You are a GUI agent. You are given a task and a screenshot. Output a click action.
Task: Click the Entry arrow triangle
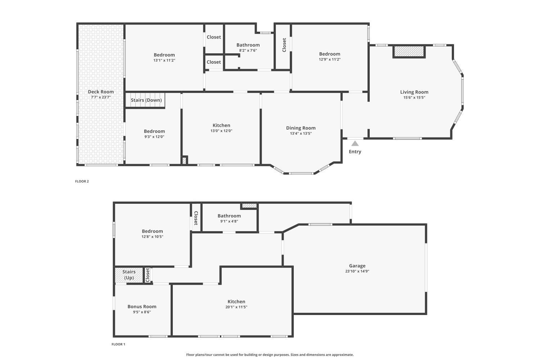355,144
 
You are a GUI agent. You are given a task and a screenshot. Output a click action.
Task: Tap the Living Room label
414,92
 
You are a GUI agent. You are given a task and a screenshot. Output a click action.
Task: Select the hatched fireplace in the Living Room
409,51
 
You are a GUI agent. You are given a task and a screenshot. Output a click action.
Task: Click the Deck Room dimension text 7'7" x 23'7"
101,97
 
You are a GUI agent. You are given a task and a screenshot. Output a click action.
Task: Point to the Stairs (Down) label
146,100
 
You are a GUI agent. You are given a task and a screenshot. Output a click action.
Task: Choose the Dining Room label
301,128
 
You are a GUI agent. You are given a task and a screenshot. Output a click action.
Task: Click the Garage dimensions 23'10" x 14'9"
357,271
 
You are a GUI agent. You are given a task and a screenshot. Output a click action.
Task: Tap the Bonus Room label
142,306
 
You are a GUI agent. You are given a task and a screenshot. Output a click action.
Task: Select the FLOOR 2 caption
82,181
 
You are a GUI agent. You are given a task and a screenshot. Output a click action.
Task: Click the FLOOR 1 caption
118,344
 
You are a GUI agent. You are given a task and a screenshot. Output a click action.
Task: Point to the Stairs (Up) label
129,275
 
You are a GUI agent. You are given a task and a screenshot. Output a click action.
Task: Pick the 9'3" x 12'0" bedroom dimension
154,137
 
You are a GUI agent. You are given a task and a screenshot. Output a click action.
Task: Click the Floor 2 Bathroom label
248,45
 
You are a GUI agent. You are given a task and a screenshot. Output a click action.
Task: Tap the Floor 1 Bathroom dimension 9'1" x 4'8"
229,221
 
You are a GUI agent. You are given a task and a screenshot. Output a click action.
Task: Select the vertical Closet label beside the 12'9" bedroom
284,45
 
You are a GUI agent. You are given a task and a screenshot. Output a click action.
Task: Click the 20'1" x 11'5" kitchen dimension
237,307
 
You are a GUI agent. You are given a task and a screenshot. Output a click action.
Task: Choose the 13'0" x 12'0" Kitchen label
221,125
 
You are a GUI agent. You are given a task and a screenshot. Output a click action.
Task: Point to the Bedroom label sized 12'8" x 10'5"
152,231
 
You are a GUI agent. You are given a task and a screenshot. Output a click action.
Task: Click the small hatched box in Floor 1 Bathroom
249,206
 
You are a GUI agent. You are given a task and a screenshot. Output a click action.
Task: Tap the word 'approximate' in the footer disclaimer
343,355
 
